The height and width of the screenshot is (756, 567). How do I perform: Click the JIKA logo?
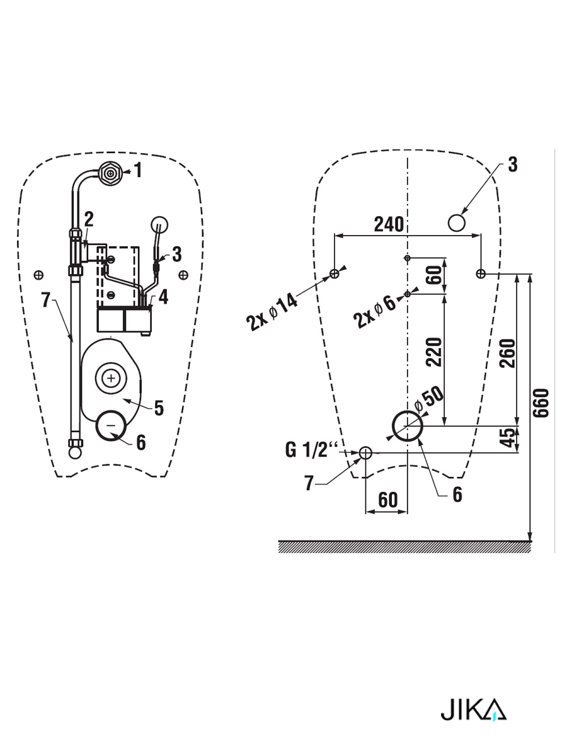pyautogui.click(x=473, y=710)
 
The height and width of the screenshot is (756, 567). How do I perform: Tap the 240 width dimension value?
pyautogui.click(x=389, y=224)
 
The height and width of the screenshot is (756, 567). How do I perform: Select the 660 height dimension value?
pyautogui.click(x=541, y=403)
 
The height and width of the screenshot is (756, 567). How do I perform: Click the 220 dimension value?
pyautogui.click(x=433, y=352)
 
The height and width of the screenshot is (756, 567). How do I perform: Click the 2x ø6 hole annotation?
pyautogui.click(x=375, y=312)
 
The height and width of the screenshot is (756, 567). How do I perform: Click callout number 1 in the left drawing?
pyautogui.click(x=138, y=170)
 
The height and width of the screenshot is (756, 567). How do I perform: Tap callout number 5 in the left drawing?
pyautogui.click(x=159, y=408)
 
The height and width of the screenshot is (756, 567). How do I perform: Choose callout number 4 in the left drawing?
pyautogui.click(x=163, y=297)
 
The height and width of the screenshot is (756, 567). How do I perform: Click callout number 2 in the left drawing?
pyautogui.click(x=89, y=219)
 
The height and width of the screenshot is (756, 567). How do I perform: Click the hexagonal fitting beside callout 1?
pyautogui.click(x=110, y=171)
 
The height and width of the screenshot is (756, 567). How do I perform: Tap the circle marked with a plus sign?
pyautogui.click(x=111, y=378)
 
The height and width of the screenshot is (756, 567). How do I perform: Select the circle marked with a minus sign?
pyautogui.click(x=111, y=426)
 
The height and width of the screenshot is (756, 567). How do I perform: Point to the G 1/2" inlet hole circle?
pyautogui.click(x=365, y=453)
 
